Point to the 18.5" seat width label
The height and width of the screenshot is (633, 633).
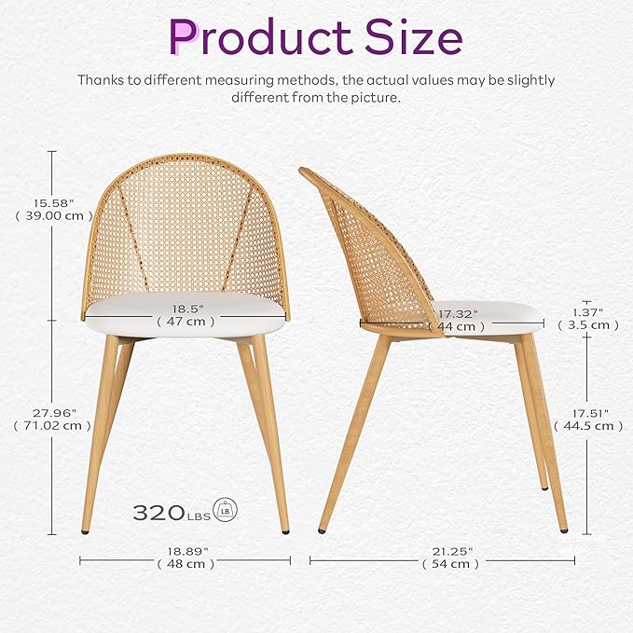point(186,308)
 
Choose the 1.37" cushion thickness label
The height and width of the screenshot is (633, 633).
point(588,313)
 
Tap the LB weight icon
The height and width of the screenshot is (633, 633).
point(226,509)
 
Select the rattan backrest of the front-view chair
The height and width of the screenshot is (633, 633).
point(186,233)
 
